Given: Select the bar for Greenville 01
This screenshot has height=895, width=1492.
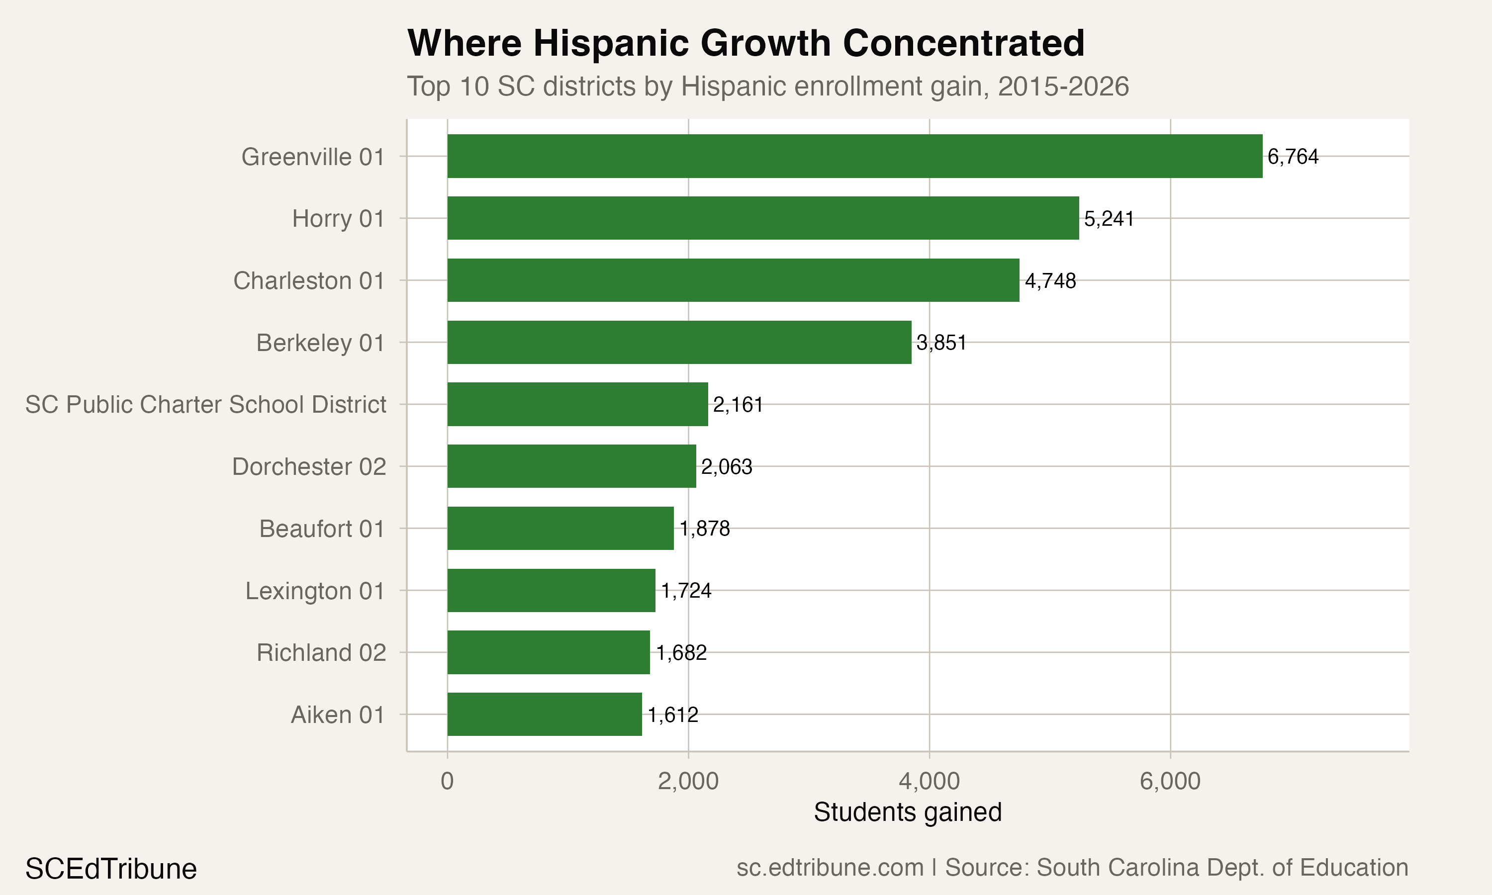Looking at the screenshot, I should (854, 156).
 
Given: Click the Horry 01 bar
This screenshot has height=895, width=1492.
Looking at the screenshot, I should (763, 218).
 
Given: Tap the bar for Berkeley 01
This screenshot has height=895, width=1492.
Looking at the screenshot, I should (679, 343).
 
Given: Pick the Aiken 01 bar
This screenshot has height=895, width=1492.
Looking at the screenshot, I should (545, 715).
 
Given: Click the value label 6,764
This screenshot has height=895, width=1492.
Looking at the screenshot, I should (1293, 157).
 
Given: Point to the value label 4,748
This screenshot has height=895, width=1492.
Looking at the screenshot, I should (1050, 281).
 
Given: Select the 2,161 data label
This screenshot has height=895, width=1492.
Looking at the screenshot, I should (738, 405).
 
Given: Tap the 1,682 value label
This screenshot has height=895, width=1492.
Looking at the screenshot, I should (681, 652).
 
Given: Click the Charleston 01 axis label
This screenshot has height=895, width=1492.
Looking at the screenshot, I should (309, 281).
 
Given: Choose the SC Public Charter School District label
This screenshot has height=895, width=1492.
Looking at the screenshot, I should (206, 405).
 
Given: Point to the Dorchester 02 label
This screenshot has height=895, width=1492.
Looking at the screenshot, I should (309, 467).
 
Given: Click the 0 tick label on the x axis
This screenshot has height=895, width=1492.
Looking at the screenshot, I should (447, 782).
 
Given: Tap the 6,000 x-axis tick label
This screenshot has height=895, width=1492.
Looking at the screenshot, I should (1170, 782).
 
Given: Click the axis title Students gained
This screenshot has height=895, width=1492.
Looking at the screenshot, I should (907, 812).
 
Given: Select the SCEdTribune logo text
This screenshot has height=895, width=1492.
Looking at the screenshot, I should (111, 869).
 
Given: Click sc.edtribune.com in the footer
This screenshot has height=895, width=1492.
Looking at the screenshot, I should (830, 868).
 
